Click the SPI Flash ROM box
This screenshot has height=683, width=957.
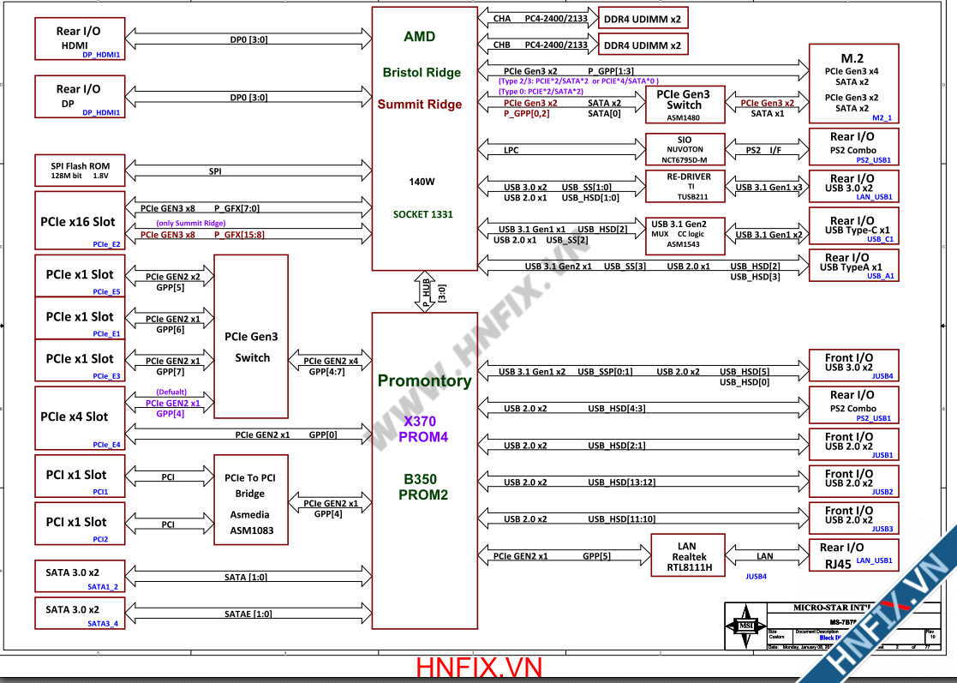pos(81,171)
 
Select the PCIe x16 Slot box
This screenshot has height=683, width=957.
pos(80,222)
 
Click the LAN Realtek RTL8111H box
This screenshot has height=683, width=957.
pos(687,555)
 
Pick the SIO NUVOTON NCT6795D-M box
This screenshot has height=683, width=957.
pos(685,150)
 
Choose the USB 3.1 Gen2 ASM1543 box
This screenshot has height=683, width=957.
pos(685,234)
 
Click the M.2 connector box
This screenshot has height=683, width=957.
pos(853,86)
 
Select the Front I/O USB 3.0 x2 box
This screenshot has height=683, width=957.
pos(853,365)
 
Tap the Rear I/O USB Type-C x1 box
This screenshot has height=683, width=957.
pos(853,229)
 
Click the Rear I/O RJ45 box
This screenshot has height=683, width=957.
pos(853,555)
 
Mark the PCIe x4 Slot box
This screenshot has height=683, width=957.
pos(80,417)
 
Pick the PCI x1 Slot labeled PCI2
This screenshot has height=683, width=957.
pos(80,523)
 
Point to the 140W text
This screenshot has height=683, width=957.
pos(422,182)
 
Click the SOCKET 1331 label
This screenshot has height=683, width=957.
pos(423,214)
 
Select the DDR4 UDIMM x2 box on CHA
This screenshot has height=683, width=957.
pos(643,18)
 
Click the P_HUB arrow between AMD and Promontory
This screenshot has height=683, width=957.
pos(426,292)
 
